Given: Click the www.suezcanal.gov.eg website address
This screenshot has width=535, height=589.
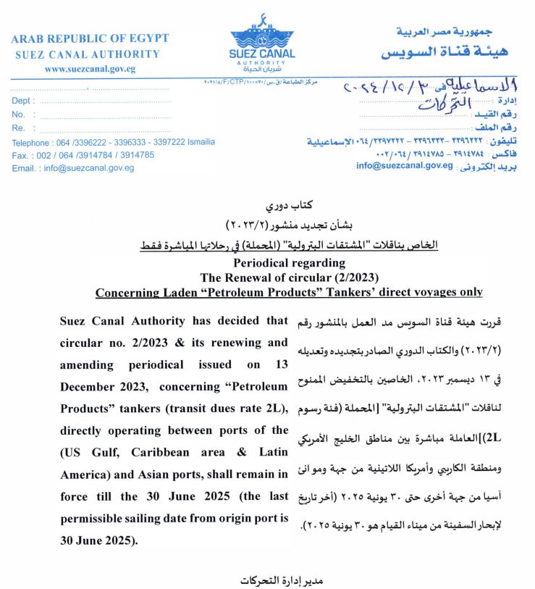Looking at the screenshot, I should tap(90, 69).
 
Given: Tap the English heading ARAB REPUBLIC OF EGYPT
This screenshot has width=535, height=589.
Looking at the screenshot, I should tap(90, 38).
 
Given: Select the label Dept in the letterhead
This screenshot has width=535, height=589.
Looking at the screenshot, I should tap(22, 101).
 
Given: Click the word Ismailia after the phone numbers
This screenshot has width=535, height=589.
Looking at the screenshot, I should tap(198, 143).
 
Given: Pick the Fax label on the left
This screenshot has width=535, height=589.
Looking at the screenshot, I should tap(20, 155).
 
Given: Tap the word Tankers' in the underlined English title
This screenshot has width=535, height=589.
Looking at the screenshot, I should tap(347, 292).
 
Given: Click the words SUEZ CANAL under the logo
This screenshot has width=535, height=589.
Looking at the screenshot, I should tap(261, 53).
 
